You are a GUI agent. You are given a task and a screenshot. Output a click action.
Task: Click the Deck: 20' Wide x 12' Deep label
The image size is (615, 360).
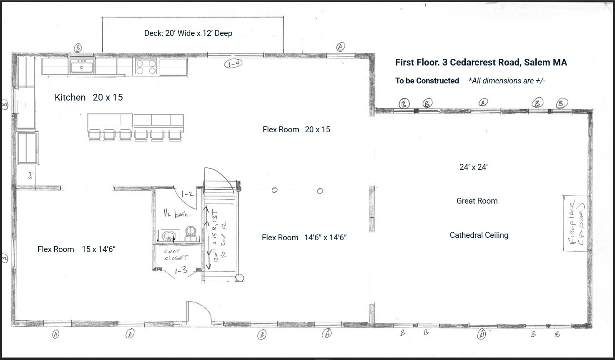tap(188, 33)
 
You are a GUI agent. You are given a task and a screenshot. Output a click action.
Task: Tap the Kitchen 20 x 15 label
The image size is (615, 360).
tap(88, 98)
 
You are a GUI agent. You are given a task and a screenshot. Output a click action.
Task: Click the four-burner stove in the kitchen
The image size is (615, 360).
tap(146, 67)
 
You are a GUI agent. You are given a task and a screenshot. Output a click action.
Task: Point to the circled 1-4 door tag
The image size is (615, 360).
tap(233, 64)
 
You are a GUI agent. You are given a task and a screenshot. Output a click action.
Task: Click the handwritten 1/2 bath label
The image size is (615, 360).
tap(177, 214)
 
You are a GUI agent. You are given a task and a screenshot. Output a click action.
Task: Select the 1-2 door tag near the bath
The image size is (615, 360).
tap(187, 194)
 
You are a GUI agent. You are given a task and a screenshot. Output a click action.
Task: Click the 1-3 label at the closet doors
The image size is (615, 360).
tap(181, 271)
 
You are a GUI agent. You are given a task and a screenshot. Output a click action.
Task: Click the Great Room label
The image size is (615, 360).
tap(477, 201)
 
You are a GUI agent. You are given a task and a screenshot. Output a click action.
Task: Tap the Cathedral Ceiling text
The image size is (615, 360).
tap(479, 235)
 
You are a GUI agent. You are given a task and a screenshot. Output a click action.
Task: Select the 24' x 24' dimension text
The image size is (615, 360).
tap(474, 167)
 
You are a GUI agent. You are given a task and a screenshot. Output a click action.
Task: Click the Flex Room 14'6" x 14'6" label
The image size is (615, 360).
tap(304, 238)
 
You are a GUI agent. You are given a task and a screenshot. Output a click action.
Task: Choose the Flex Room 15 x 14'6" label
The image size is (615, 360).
tap(76, 249)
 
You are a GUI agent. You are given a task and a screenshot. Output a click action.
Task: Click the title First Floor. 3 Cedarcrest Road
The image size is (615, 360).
tap(481, 63)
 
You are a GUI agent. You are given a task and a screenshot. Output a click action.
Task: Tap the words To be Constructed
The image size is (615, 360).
tap(427, 81)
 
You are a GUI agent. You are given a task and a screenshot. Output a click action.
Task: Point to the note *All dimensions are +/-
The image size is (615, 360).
tap(507, 81)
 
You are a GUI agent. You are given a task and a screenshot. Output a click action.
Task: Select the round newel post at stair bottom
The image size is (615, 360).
tap(240, 278)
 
